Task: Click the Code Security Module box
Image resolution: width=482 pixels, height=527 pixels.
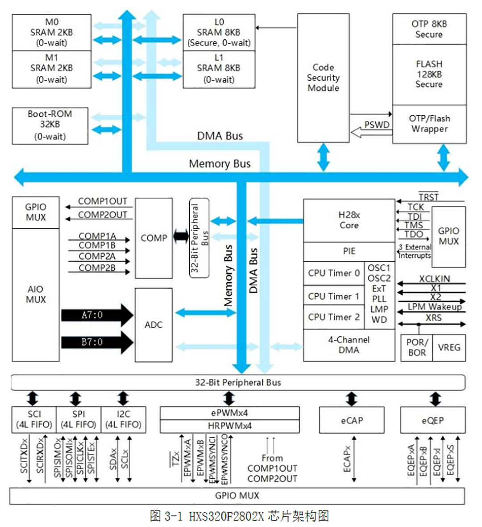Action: click(323, 78)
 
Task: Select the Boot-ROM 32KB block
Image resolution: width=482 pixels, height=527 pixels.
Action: click(50, 126)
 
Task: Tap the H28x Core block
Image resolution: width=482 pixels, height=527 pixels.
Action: click(349, 220)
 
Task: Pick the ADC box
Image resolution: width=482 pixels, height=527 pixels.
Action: click(154, 325)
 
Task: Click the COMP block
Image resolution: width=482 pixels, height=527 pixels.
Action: click(154, 238)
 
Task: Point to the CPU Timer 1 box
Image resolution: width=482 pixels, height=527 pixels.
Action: click(334, 296)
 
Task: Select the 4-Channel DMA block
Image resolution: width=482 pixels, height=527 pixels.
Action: click(349, 345)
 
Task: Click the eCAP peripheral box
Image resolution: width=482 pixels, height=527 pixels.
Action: click(352, 420)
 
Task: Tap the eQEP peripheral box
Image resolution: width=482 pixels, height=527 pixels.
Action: click(432, 420)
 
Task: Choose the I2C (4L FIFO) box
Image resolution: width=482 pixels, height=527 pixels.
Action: click(123, 419)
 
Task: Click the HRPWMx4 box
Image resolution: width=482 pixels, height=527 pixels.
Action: click(230, 426)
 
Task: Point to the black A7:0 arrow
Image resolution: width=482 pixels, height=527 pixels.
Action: click(97, 315)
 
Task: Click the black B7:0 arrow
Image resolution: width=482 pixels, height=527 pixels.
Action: click(97, 342)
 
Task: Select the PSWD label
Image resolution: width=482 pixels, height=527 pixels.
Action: click(377, 125)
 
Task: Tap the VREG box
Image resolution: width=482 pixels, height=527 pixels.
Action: click(449, 347)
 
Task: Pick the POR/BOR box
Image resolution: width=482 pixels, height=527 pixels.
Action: click(417, 347)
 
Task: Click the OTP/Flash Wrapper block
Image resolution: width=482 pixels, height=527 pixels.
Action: click(429, 124)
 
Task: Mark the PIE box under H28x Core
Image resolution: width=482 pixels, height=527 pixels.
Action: click(349, 251)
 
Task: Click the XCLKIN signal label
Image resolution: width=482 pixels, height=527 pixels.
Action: click(434, 279)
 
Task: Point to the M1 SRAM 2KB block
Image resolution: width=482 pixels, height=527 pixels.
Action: click(51, 69)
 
